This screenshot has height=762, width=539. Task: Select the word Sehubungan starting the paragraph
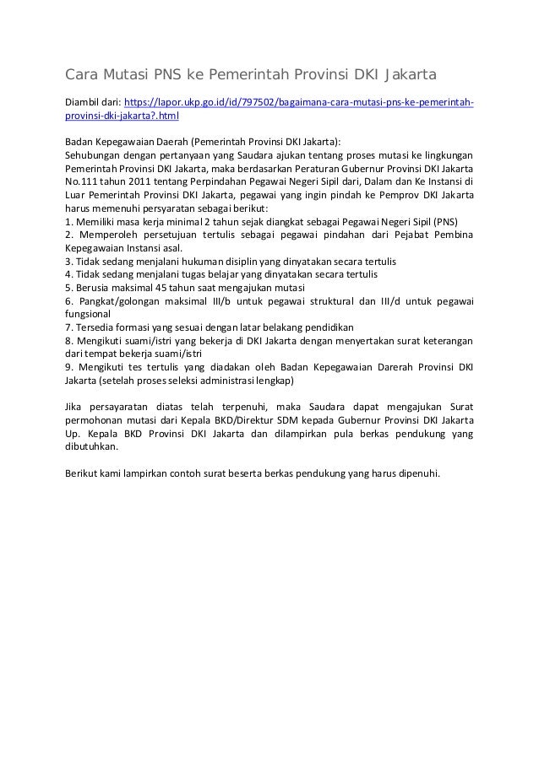(x=94, y=154)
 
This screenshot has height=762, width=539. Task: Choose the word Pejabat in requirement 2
(x=395, y=235)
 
